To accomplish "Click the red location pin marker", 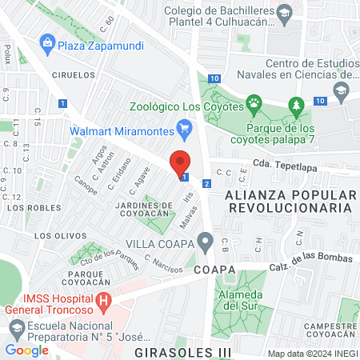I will click(x=181, y=162).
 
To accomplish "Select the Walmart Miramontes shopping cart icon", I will click(x=185, y=126).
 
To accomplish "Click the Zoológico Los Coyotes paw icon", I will click(x=254, y=102).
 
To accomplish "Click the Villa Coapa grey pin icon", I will click(x=206, y=241).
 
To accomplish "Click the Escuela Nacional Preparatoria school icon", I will click(x=16, y=326).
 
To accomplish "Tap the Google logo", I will click(x=26, y=350).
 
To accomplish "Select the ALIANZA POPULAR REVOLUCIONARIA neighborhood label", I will click(x=289, y=201).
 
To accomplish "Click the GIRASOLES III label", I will click(x=183, y=351).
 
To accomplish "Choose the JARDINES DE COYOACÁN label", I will click(x=144, y=210).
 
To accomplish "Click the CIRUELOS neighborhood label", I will click(x=76, y=74).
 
